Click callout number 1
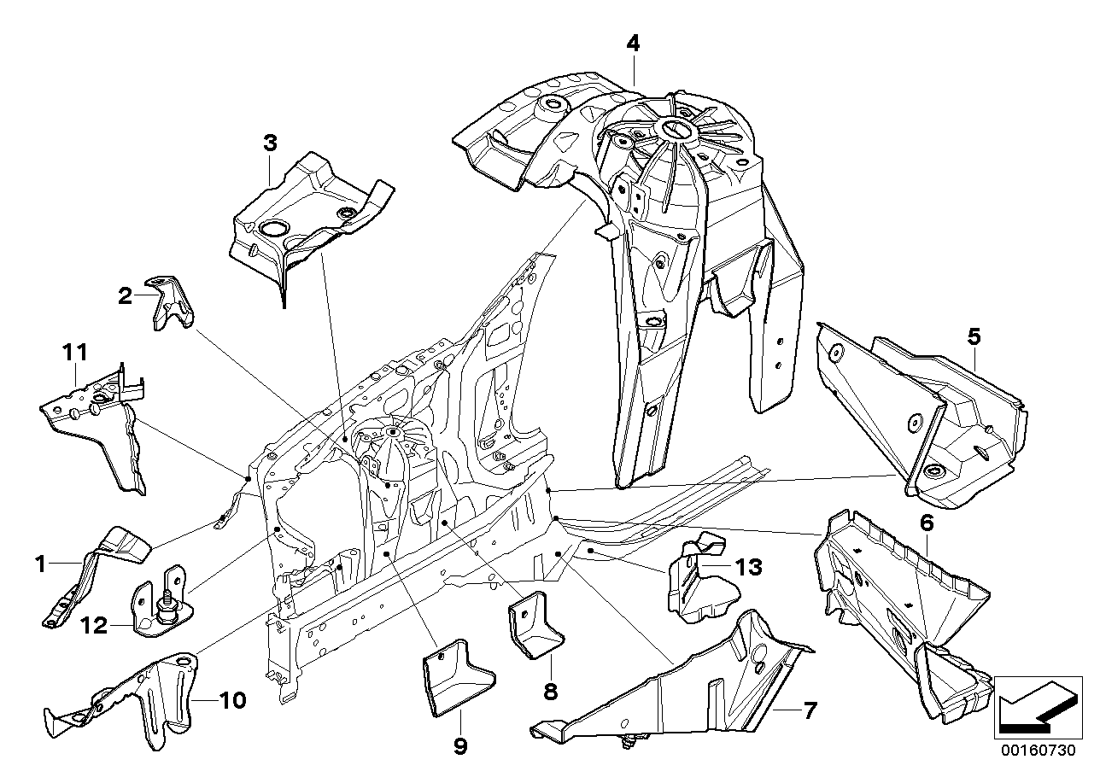point(38,563)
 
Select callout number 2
point(126,296)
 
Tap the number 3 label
point(270,143)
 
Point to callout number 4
point(632,43)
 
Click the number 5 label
point(974,337)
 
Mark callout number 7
point(810,710)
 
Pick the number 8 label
point(550,690)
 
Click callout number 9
point(459,746)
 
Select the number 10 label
point(231,701)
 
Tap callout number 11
point(74,351)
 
